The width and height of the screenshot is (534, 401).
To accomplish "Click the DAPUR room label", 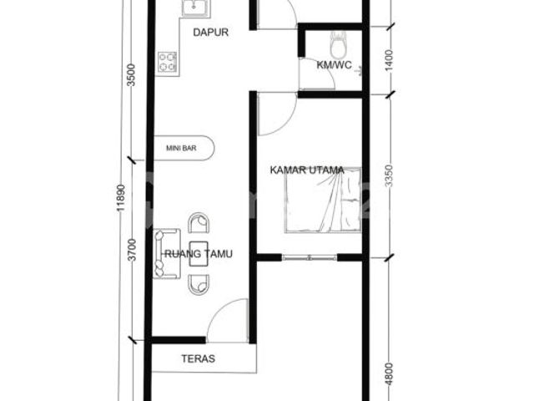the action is pyautogui.click(x=210, y=33).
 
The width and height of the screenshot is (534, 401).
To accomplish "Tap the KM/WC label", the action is pyautogui.click(x=334, y=65).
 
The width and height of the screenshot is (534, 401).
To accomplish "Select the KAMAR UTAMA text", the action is pyautogui.click(x=307, y=170).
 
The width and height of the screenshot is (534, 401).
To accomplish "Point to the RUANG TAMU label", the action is pyautogui.click(x=199, y=254).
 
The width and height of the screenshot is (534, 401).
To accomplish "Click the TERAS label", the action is pyautogui.click(x=199, y=358).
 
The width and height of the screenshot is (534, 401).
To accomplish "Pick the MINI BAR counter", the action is pyautogui.click(x=184, y=148).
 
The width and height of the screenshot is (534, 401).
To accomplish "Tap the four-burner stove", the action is pyautogui.click(x=168, y=63).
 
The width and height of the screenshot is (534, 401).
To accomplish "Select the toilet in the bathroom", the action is pyautogui.click(x=338, y=44).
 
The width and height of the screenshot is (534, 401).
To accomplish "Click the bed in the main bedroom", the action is pyautogui.click(x=323, y=200).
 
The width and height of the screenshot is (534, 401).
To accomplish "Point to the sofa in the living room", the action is pyautogui.click(x=167, y=253).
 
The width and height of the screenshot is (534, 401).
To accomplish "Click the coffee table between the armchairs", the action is pyautogui.click(x=199, y=254).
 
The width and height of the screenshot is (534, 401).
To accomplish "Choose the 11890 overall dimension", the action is pyautogui.click(x=121, y=198).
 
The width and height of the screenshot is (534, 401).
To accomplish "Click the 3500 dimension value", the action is pyautogui.click(x=131, y=75).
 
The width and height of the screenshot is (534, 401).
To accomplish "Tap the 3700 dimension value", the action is pyautogui.click(x=132, y=250).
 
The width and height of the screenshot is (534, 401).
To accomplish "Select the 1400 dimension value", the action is pyautogui.click(x=389, y=60).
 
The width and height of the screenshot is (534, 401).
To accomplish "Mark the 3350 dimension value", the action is pyautogui.click(x=389, y=176).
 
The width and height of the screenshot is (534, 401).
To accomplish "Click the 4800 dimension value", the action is pyautogui.click(x=389, y=374).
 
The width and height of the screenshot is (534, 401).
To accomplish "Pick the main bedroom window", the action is pyautogui.click(x=310, y=257).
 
